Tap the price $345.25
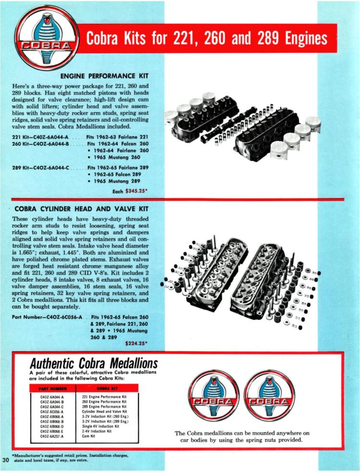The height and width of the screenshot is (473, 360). tap(136, 190)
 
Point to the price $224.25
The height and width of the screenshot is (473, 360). tap(136, 343)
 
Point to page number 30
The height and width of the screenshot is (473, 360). tap(6, 460)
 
